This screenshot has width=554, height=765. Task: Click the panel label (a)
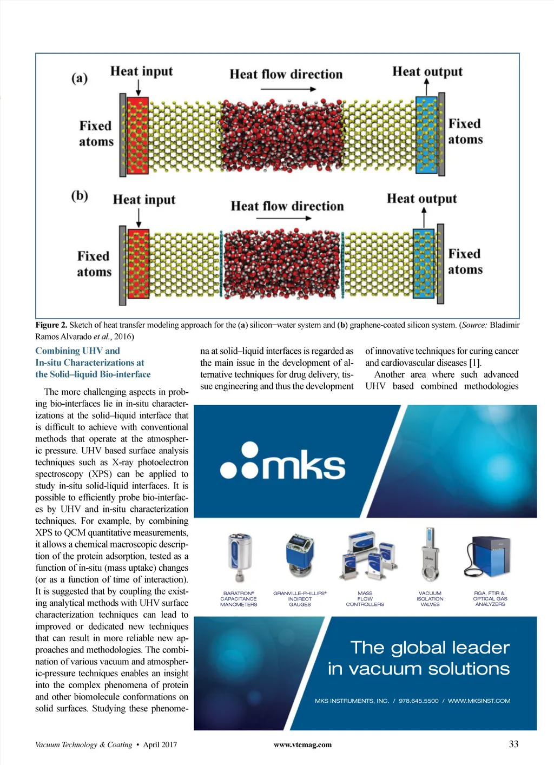click(x=79, y=78)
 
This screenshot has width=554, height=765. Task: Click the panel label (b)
click(x=80, y=195)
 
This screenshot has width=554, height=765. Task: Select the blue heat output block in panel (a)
click(x=426, y=135)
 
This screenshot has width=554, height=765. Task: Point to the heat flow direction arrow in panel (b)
click(x=283, y=218)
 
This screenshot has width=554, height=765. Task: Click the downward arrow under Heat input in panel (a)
click(x=141, y=87)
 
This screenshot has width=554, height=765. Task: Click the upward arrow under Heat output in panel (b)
click(x=424, y=217)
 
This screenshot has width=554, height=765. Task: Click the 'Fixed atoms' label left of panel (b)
click(x=94, y=263)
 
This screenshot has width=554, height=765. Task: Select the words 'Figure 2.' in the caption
click(x=51, y=325)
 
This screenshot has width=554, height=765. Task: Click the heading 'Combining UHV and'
click(x=77, y=351)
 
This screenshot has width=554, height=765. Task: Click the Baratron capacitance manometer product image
click(x=239, y=558)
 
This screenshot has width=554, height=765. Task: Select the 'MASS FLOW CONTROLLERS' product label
click(x=365, y=599)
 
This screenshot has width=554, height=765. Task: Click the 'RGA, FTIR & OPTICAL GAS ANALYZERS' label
click(x=490, y=599)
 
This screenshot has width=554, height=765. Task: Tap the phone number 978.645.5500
click(x=418, y=701)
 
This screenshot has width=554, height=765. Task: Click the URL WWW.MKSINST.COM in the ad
click(x=479, y=701)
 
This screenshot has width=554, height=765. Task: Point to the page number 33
click(x=513, y=744)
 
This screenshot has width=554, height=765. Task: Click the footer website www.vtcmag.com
click(x=302, y=745)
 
